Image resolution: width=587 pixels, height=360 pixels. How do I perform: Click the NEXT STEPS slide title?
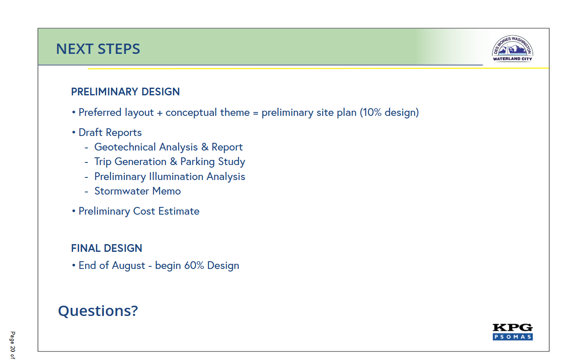click(x=98, y=49)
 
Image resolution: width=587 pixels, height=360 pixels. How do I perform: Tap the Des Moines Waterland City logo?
click(x=513, y=48)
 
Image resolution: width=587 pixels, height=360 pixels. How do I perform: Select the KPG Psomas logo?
click(x=513, y=332)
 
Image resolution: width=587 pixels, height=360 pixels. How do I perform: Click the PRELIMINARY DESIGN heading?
click(x=125, y=92)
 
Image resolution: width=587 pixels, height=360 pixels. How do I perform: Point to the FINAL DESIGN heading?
click(x=107, y=248)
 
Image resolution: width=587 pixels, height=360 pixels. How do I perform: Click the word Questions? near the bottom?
click(x=98, y=311)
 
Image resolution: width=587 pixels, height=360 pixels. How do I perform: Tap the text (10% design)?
click(x=389, y=112)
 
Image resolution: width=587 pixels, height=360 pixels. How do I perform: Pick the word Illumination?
click(x=176, y=177)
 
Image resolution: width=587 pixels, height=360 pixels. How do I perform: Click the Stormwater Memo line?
click(x=138, y=191)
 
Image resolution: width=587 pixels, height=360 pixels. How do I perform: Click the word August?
click(x=129, y=266)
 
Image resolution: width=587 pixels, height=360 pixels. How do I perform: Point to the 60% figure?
click(x=194, y=266)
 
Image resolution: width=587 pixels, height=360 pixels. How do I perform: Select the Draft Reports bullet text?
click(x=110, y=133)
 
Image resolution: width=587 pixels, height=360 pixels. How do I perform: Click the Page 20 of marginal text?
click(x=12, y=345)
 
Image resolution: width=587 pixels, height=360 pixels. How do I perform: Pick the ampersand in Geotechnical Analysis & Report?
click(x=205, y=147)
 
